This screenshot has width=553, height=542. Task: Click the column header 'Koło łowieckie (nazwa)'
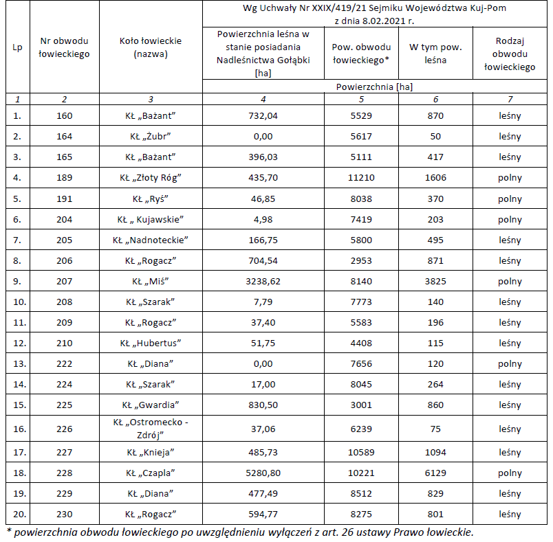pos(151,47)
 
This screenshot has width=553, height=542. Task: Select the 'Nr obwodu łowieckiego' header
pos(64,47)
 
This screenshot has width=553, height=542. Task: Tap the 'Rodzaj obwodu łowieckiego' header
pos(509,54)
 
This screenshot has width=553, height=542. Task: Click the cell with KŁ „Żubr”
pos(151,136)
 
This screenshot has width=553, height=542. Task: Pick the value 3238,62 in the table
pos(263,281)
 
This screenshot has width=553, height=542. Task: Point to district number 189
pos(64,178)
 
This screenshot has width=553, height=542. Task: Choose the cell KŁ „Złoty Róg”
pos(151,178)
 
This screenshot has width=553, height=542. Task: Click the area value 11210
pos(361,178)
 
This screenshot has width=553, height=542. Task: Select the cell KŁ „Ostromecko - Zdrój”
pos(151,429)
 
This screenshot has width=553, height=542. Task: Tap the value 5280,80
pos(263,473)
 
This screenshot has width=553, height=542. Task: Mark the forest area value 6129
pos(435,473)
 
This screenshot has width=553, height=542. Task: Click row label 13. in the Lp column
pos(17,363)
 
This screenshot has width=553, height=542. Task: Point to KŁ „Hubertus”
pos(151,343)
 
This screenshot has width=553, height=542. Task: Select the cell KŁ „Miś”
pos(151,281)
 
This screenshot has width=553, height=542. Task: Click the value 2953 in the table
pos(361,260)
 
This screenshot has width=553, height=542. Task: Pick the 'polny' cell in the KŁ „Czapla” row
pos(509,473)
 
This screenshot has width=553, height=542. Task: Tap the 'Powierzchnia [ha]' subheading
pos(375,87)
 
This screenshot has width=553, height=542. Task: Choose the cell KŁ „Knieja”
pos(151,452)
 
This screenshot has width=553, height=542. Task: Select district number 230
pos(64,514)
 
